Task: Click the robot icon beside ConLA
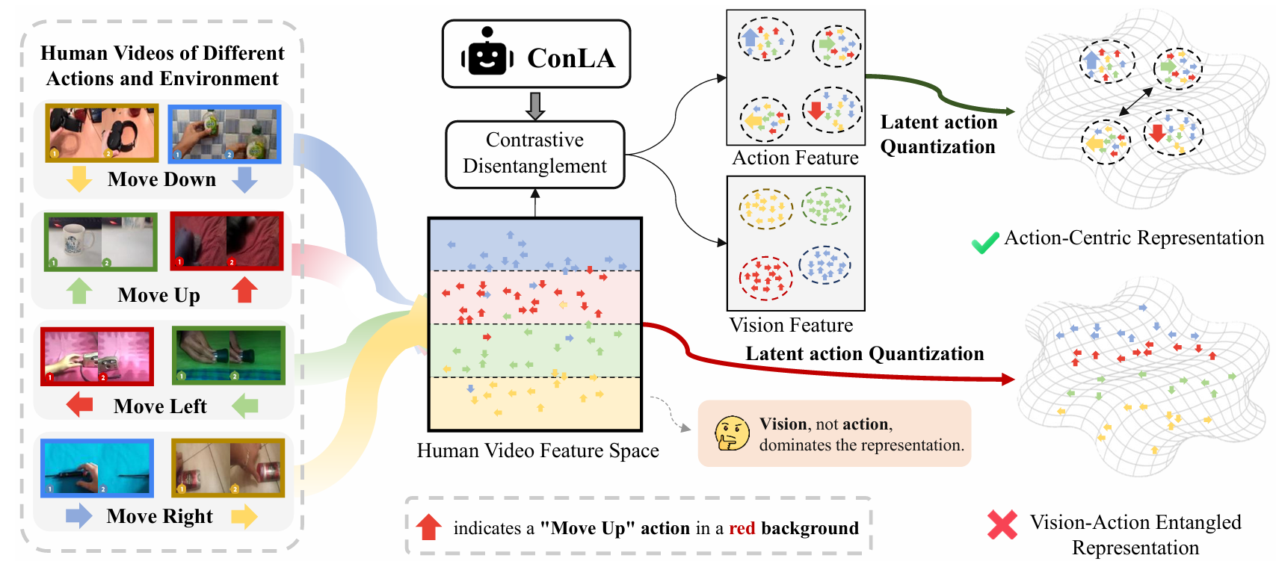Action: (487, 54)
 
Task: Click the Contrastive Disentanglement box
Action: (534, 154)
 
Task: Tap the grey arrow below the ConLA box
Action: (535, 105)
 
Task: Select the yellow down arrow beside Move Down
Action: (78, 179)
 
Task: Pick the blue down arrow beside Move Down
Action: (244, 179)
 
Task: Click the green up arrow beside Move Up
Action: (79, 291)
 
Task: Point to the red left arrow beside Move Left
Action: (79, 405)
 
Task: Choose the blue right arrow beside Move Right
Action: (78, 516)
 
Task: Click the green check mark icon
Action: (984, 242)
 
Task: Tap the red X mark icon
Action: (1002, 524)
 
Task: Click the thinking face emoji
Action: (731, 433)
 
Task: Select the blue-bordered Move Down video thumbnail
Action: (224, 134)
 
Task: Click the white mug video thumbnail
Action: (101, 242)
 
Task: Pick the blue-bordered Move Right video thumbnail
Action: (97, 468)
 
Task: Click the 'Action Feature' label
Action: (795, 158)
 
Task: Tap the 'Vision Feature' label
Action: (791, 325)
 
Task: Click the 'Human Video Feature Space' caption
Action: (537, 450)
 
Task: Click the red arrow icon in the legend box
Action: (429, 527)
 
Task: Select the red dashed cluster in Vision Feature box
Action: (765, 278)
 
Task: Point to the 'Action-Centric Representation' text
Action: (1133, 238)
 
